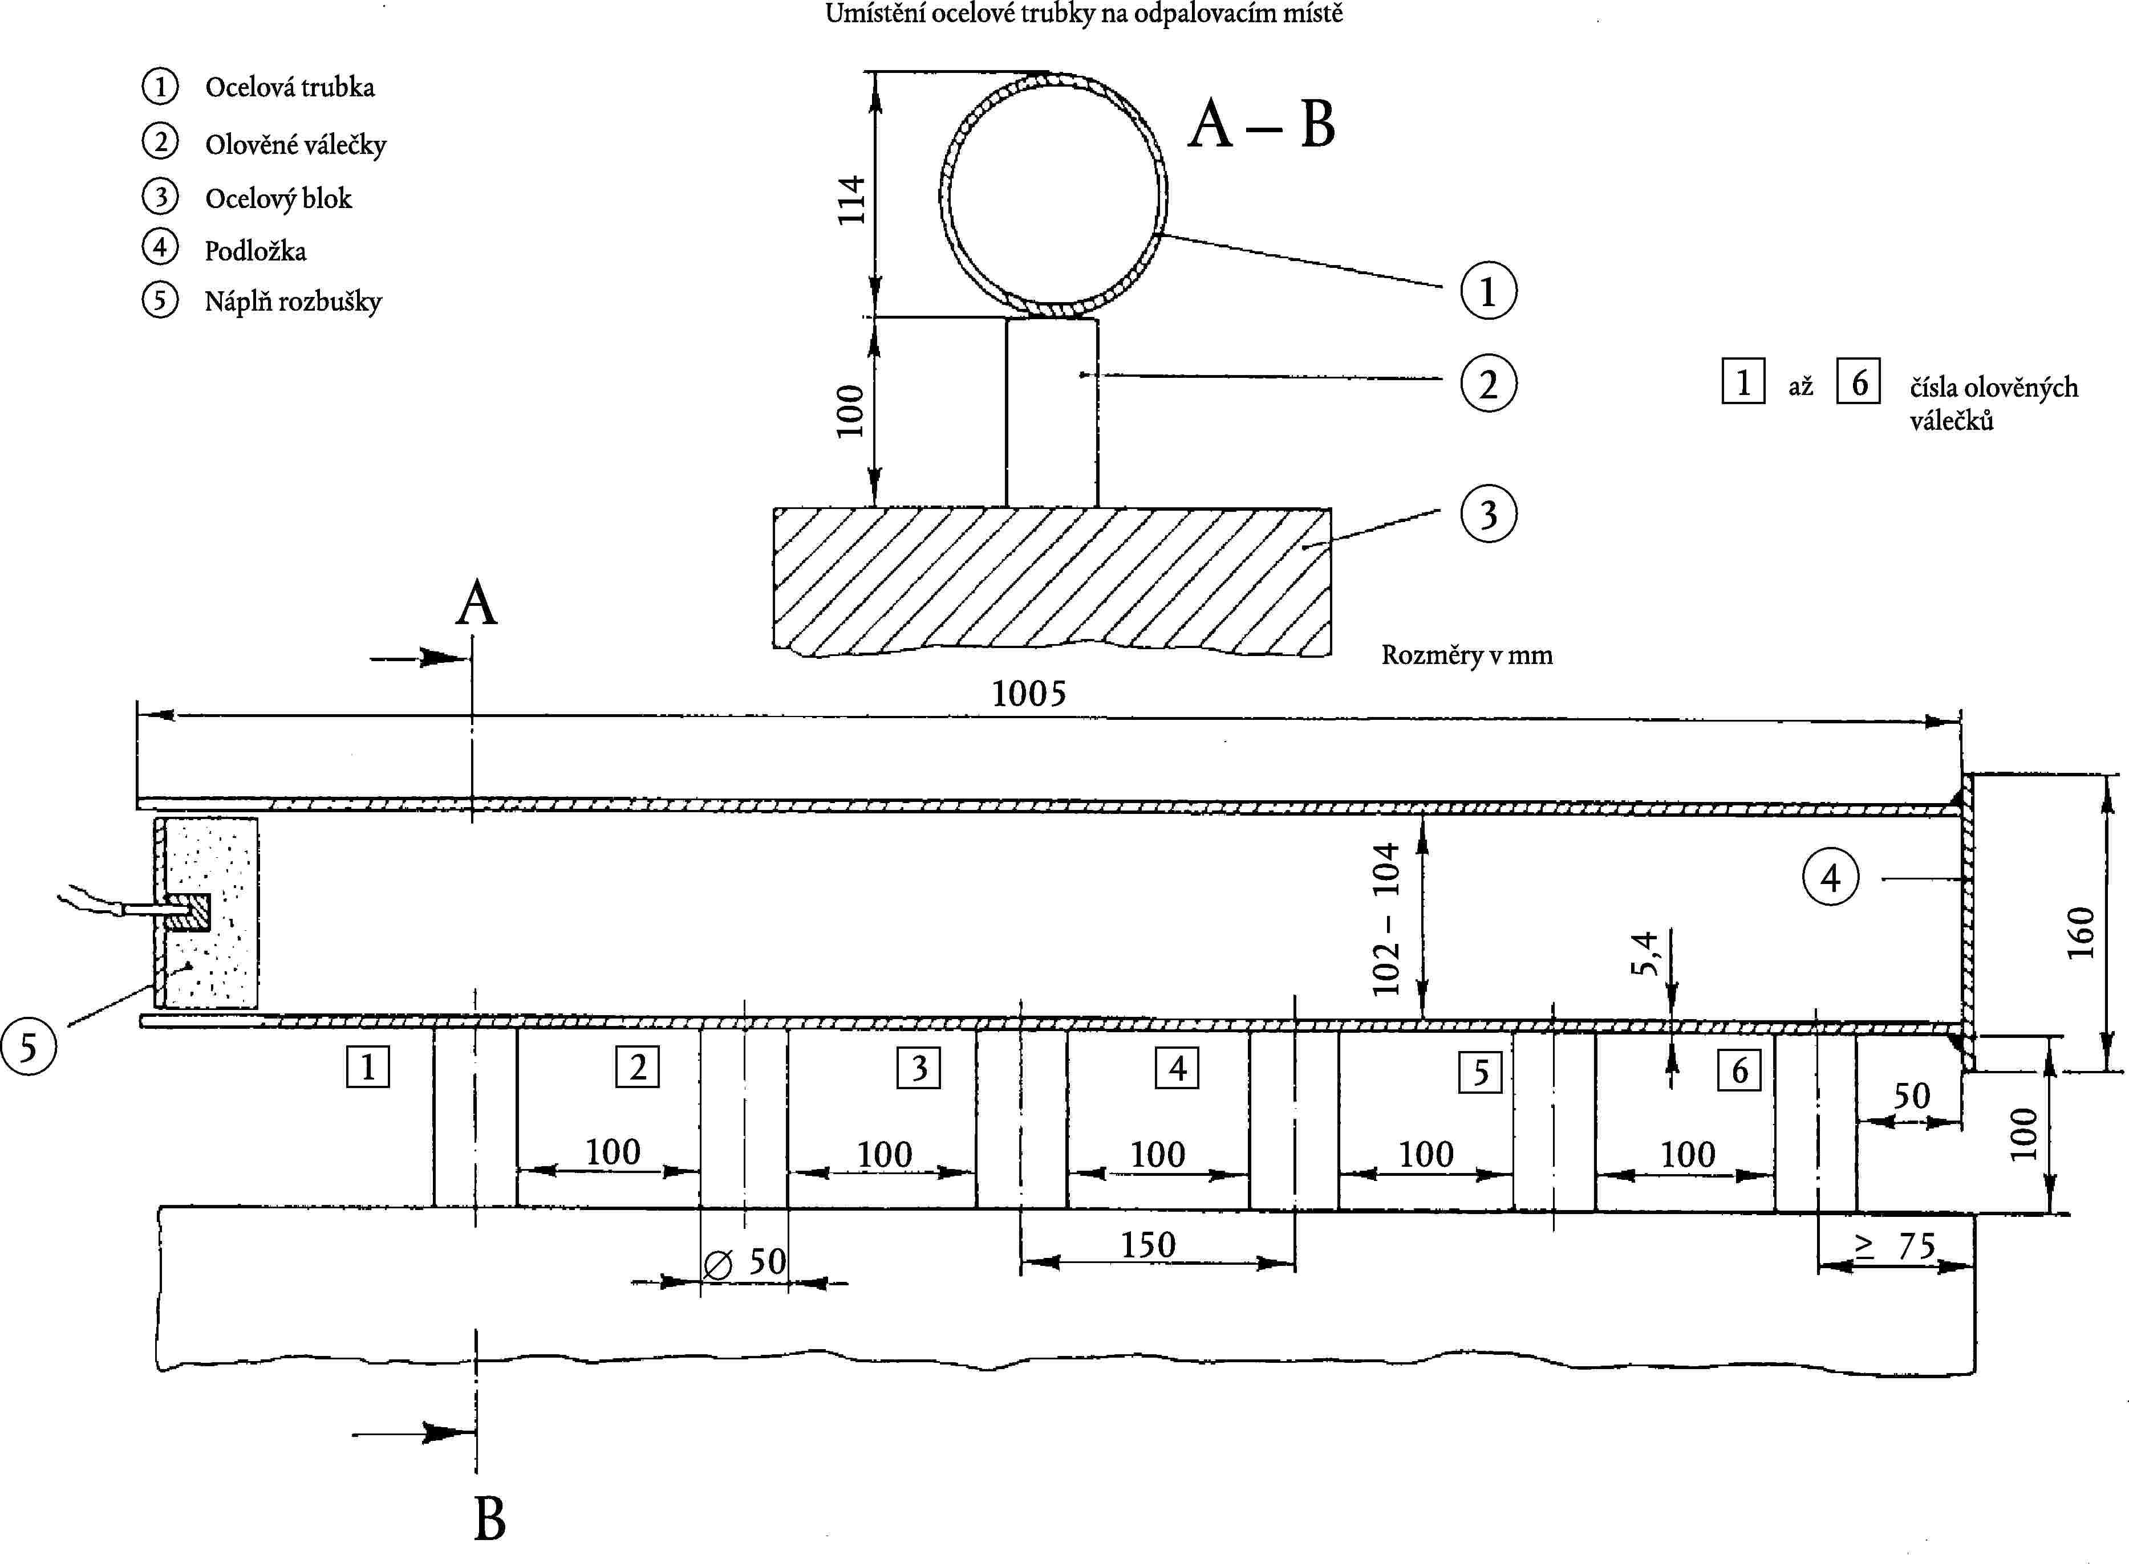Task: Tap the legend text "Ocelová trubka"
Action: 289,87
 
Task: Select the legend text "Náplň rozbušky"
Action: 293,301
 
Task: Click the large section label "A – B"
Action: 1262,124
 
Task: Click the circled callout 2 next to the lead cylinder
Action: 1488,384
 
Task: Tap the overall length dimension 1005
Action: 1028,694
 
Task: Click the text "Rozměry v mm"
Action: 1466,655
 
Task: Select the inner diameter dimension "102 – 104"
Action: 1385,918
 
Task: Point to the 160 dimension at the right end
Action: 2081,932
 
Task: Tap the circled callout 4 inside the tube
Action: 1830,878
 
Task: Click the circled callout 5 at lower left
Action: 29,1047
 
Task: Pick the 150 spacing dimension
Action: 1148,1245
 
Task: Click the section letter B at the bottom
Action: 490,1520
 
